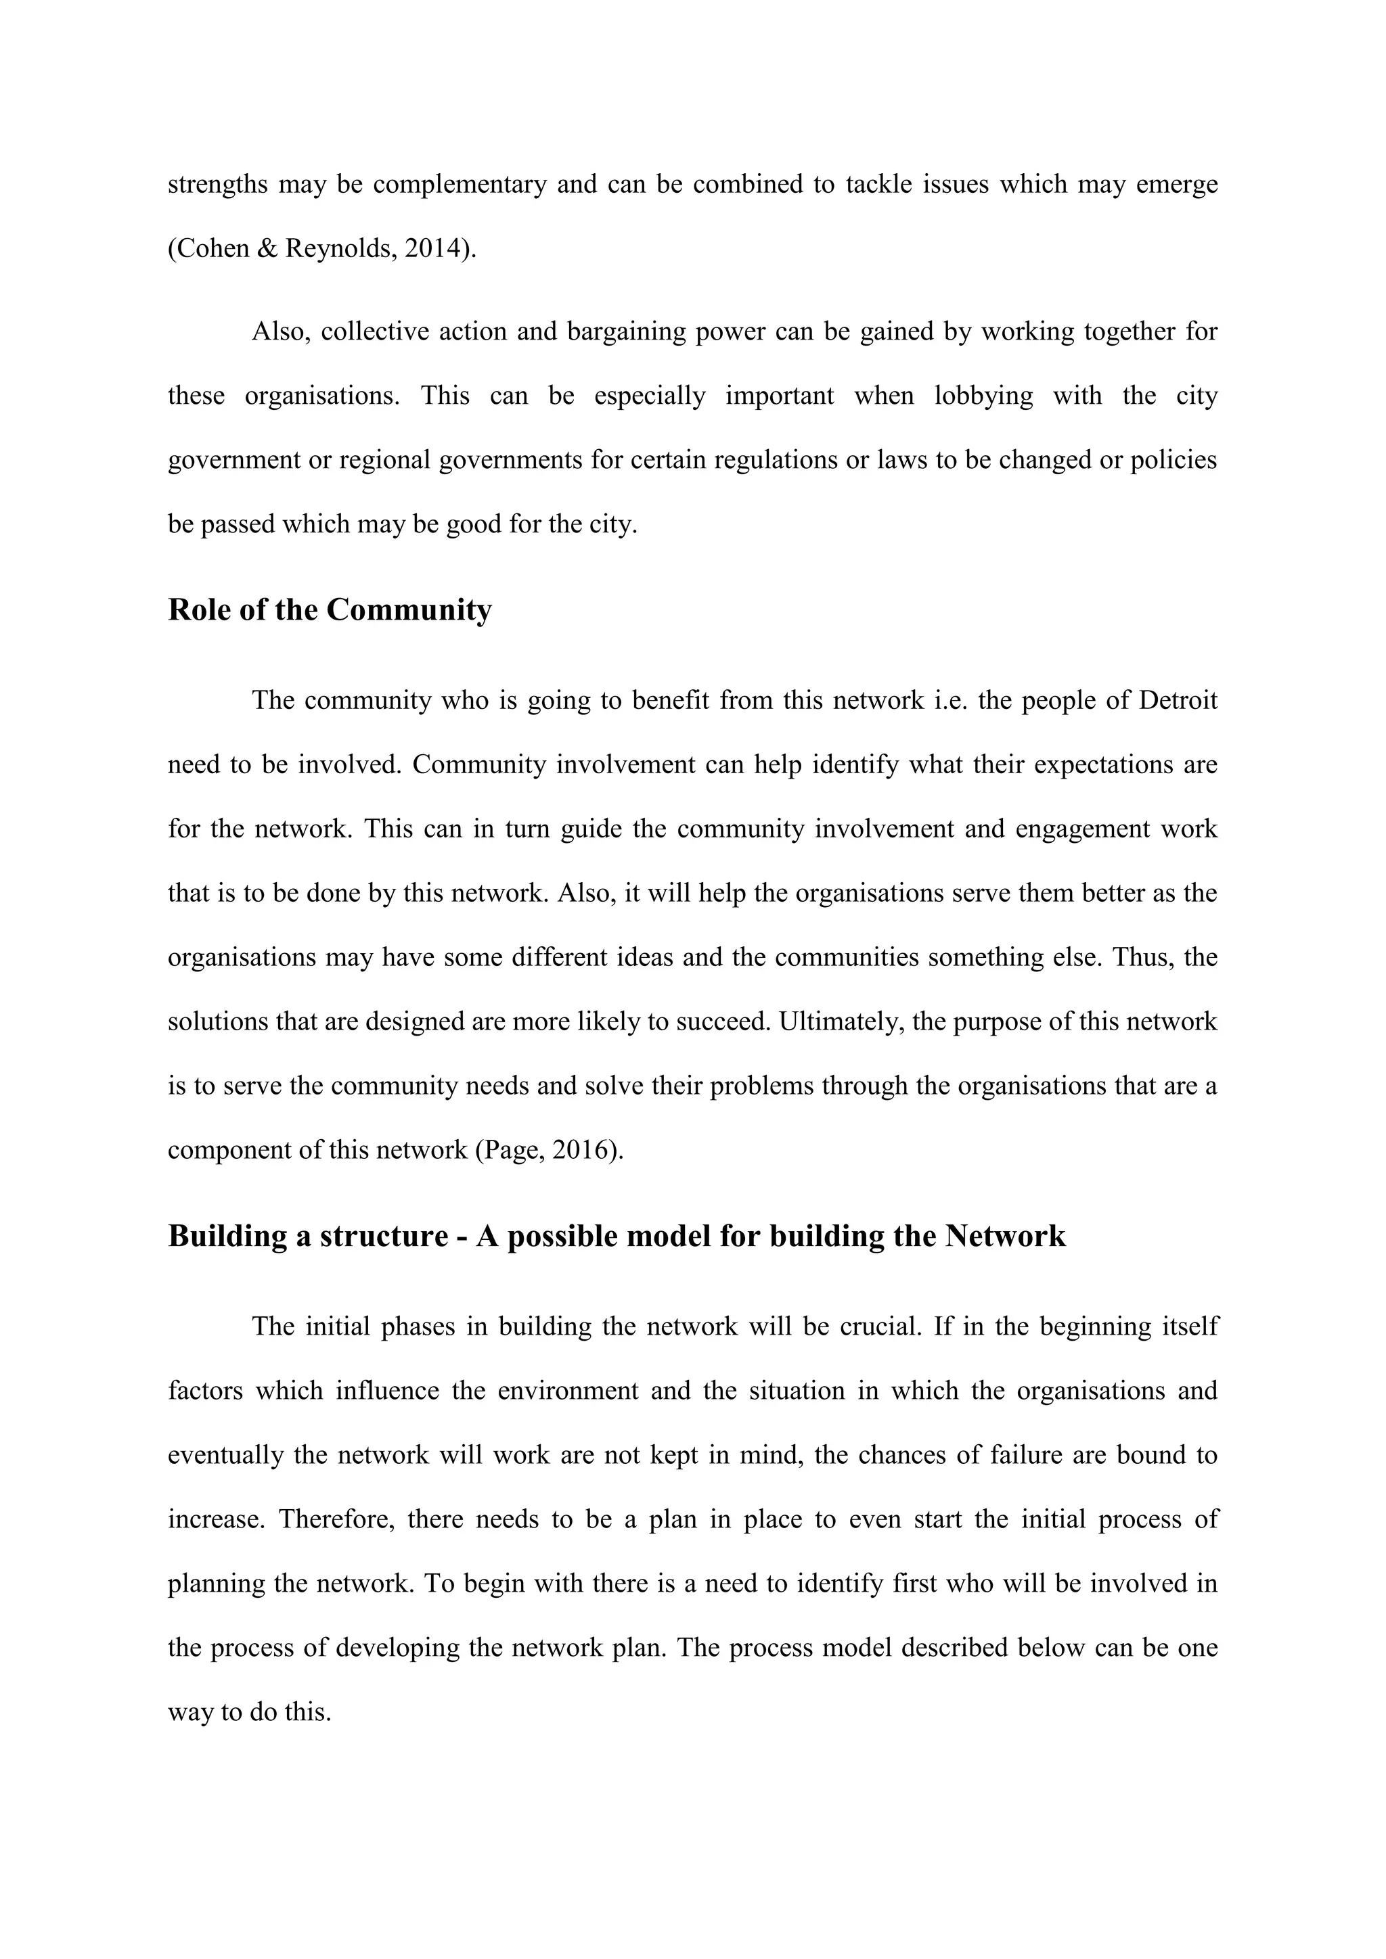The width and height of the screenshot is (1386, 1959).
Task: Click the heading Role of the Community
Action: [x=330, y=610]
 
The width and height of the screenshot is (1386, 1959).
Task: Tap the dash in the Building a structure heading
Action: [x=462, y=1237]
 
